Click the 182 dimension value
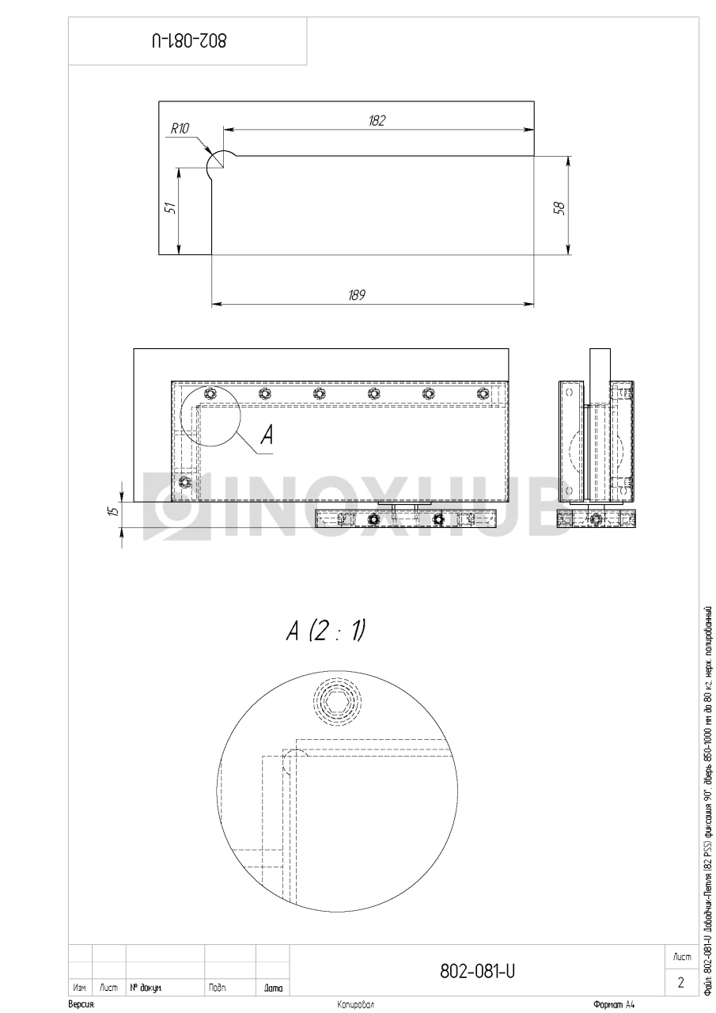coord(377,121)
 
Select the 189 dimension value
coord(356,295)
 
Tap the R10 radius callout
coord(180,129)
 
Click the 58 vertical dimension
coord(559,207)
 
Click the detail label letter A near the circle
coord(267,435)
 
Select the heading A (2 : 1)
coord(325,631)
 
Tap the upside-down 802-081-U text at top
coord(189,40)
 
